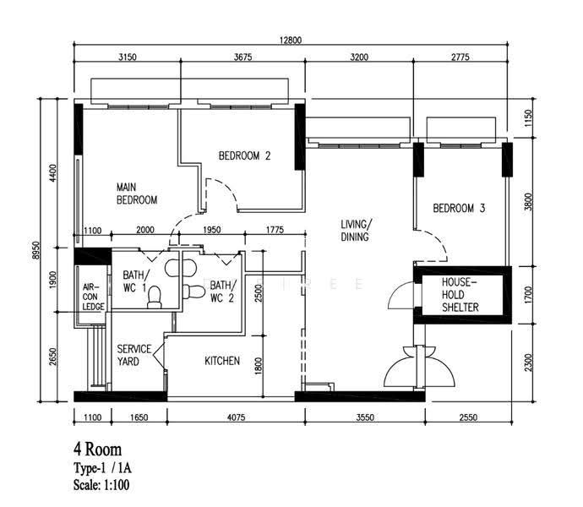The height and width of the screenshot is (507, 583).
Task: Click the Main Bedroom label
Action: click(x=137, y=194)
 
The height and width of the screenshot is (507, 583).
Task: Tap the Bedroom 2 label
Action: click(x=244, y=155)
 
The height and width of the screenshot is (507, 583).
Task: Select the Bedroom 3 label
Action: click(x=459, y=208)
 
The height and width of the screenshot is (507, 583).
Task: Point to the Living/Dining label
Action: click(x=357, y=231)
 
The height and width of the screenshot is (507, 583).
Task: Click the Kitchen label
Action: click(x=222, y=361)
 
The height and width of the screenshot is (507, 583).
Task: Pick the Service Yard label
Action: click(x=134, y=355)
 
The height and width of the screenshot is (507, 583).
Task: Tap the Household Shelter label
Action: click(x=460, y=295)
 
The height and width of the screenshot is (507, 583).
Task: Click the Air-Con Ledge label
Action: click(x=93, y=297)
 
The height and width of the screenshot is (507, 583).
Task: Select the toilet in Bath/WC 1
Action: click(x=155, y=297)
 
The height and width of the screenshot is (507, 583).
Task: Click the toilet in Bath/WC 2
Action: click(x=193, y=292)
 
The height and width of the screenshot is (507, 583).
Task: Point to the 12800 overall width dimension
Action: click(x=291, y=40)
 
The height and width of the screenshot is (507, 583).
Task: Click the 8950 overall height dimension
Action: click(x=35, y=250)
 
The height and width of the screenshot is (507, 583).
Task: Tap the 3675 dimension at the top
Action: click(x=242, y=57)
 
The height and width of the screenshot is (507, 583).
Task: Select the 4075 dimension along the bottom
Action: click(x=236, y=417)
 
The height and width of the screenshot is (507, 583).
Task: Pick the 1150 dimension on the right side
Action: click(x=528, y=118)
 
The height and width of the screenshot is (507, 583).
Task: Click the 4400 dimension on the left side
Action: click(x=53, y=173)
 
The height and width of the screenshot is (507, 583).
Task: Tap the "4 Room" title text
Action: click(x=97, y=450)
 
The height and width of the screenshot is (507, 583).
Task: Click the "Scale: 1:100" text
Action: click(x=101, y=485)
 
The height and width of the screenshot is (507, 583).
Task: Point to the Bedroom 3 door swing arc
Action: click(x=438, y=241)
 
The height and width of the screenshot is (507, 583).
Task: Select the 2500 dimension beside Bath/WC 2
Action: click(x=259, y=293)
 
